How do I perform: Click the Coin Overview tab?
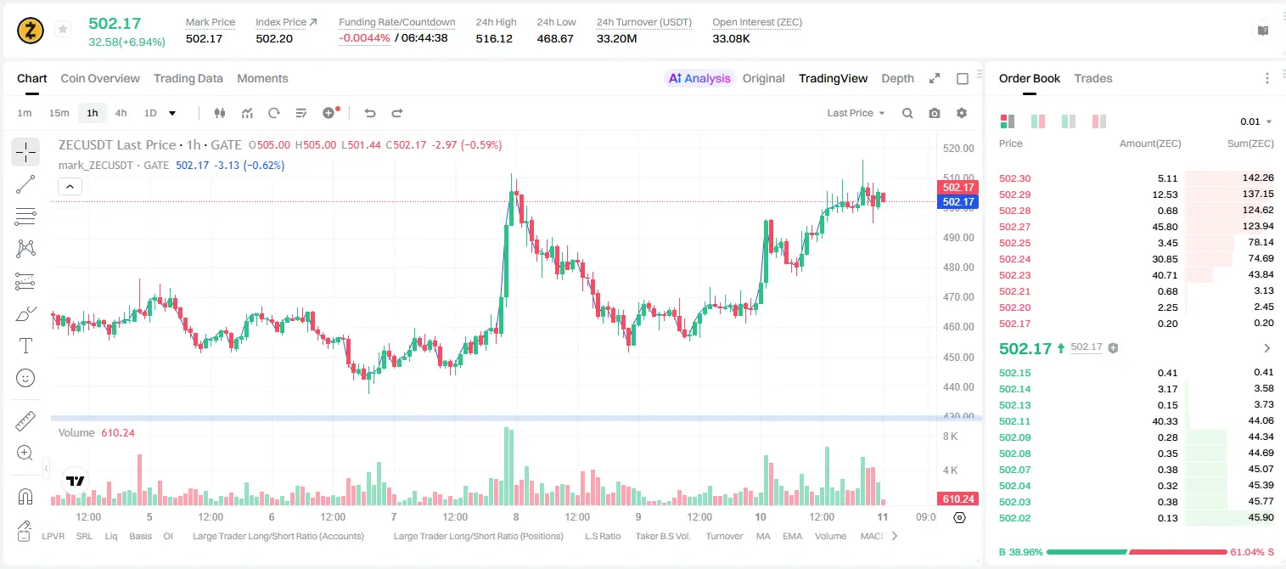click(x=100, y=78)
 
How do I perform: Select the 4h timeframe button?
click(x=121, y=113)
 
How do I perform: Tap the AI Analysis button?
click(x=699, y=78)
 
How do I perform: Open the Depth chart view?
click(x=897, y=78)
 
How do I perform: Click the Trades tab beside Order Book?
click(x=1093, y=78)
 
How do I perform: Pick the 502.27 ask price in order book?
click(x=1014, y=227)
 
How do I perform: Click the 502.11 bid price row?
click(x=1014, y=421)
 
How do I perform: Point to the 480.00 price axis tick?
click(x=958, y=267)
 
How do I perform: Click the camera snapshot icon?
click(x=935, y=113)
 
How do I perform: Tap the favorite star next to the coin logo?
click(x=63, y=29)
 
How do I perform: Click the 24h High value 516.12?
click(x=494, y=38)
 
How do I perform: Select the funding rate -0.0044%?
click(x=364, y=38)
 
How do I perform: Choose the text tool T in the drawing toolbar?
click(x=25, y=346)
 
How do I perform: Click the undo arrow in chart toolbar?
click(x=370, y=113)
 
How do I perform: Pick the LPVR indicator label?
click(x=53, y=536)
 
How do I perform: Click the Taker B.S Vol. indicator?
click(x=662, y=536)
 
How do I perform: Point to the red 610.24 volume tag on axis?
click(x=957, y=499)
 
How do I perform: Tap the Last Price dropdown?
click(x=856, y=113)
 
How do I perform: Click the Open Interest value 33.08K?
click(x=731, y=38)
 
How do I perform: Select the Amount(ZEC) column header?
click(x=1150, y=144)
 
